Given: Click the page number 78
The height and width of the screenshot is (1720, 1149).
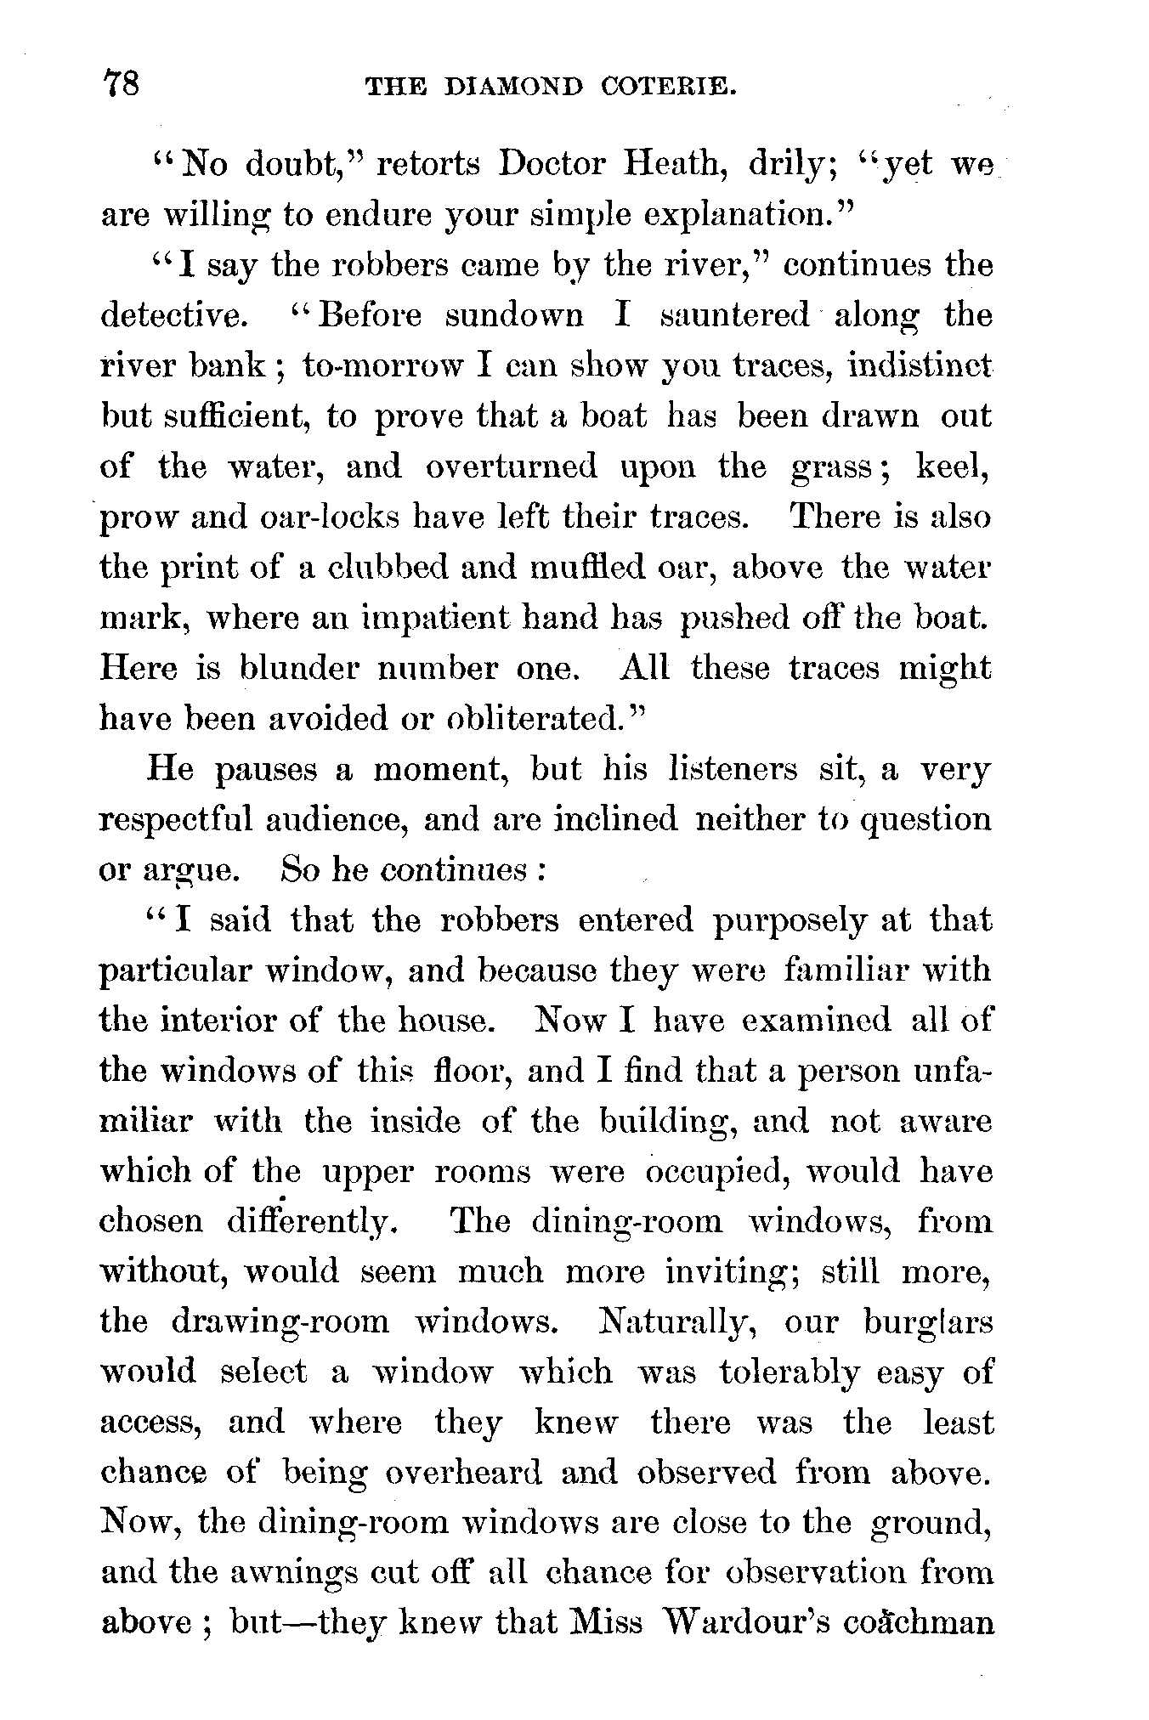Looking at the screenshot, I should tap(121, 86).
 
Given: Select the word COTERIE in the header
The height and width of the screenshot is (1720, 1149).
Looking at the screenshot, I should tap(667, 87).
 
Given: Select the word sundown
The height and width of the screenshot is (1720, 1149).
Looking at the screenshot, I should tap(514, 315).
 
